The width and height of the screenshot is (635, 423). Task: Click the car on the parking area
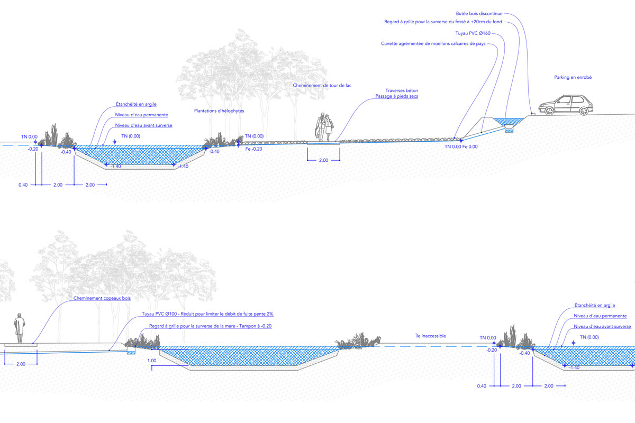pyautogui.click(x=566, y=105)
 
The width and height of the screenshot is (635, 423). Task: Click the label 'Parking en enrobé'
pyautogui.click(x=573, y=77)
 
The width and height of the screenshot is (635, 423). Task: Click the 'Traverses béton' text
pyautogui.click(x=401, y=90)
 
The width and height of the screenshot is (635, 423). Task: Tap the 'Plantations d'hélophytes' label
pyautogui.click(x=219, y=111)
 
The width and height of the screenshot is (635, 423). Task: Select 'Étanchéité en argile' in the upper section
pyautogui.click(x=136, y=104)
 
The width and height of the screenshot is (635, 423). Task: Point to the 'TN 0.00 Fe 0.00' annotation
pyautogui.click(x=461, y=146)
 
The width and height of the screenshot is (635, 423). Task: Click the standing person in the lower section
pyautogui.click(x=20, y=329)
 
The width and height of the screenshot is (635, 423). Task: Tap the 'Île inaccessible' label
pyautogui.click(x=431, y=336)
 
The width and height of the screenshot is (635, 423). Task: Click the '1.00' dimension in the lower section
pyautogui.click(x=152, y=361)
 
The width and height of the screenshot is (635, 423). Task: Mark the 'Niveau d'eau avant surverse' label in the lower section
pyautogui.click(x=602, y=327)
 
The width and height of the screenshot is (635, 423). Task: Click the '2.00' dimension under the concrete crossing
pyautogui.click(x=323, y=160)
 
